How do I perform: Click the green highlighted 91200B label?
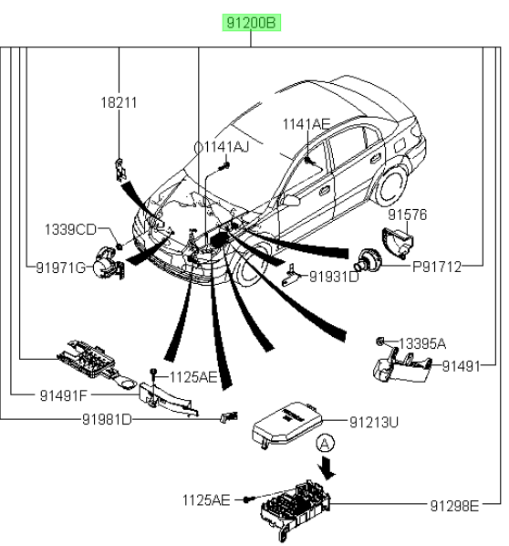[x=252, y=23]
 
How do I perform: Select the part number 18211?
[x=119, y=103]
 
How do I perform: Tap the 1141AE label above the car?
[x=306, y=124]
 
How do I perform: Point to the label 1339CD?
[x=70, y=230]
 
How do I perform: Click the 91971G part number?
[x=60, y=268]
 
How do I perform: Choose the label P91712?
[x=437, y=268]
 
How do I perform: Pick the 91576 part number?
[x=408, y=215]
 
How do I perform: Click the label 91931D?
[x=334, y=277]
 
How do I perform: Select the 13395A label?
[x=422, y=343]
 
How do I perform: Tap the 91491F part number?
[x=63, y=395]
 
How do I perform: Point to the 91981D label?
[x=107, y=419]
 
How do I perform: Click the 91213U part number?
[x=374, y=422]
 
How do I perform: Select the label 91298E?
[x=454, y=506]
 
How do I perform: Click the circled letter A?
[x=325, y=444]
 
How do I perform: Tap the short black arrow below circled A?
[x=327, y=468]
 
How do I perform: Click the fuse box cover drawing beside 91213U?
[x=287, y=425]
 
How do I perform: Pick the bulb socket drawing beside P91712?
[x=368, y=260]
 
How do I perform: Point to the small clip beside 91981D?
[x=229, y=416]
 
